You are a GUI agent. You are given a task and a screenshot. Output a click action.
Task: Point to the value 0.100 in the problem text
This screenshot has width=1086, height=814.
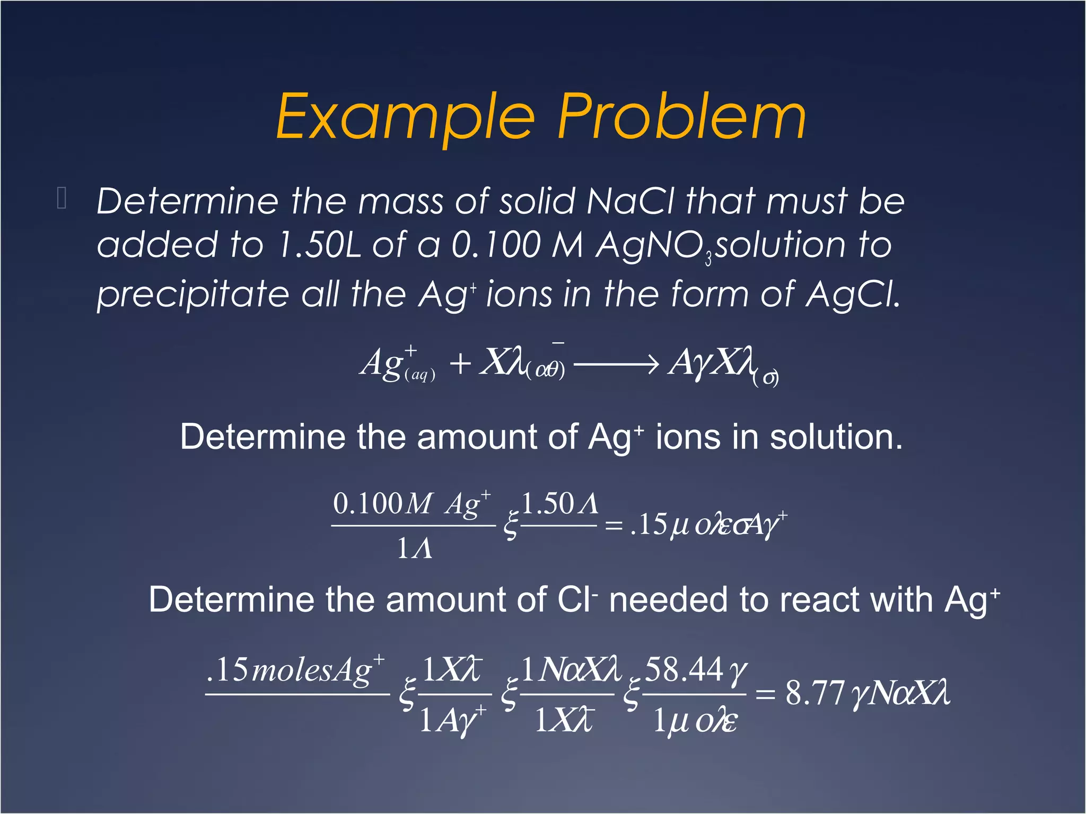(x=495, y=245)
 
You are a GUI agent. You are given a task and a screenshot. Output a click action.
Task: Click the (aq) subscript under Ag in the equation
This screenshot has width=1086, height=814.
(x=419, y=375)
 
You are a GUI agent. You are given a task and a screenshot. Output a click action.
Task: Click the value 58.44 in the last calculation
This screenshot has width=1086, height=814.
(x=684, y=670)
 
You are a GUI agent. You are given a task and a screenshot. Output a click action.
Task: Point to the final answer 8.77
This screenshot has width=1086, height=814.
(x=814, y=693)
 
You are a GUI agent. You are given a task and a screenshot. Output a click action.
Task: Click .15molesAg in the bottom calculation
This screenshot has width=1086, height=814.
(x=295, y=670)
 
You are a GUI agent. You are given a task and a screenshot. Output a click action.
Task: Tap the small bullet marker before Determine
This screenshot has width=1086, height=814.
(x=62, y=199)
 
